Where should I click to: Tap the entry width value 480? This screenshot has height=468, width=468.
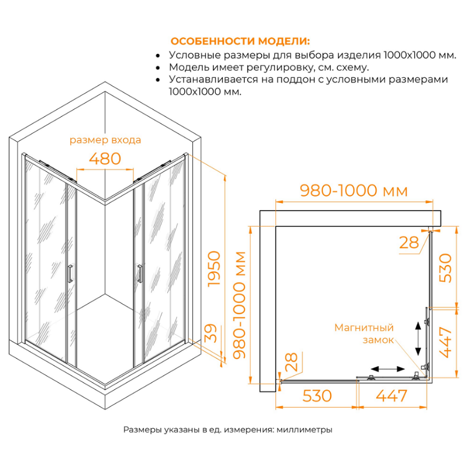coord(105,158)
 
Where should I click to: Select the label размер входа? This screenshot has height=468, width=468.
coord(105,140)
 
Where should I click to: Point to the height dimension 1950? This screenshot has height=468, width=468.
coord(215,269)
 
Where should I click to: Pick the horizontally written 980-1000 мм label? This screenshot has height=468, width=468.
coord(353,191)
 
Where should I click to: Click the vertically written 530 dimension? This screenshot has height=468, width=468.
coord(446,268)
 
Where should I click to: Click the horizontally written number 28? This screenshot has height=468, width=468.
coord(409,243)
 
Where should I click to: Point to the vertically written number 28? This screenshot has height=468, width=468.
coord(290,362)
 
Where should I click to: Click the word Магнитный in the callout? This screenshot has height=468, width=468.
coord(363,328)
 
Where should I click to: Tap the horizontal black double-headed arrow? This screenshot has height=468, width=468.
coord(388,369)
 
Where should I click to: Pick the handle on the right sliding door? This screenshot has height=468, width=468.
coord(139,274)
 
